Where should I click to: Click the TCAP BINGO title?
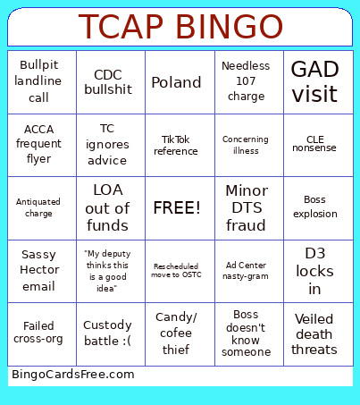click(x=180, y=27)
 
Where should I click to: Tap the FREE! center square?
click(x=177, y=208)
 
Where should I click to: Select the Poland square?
click(x=177, y=82)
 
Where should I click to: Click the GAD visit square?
click(x=314, y=82)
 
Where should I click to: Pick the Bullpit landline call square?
click(x=38, y=82)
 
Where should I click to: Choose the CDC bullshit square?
click(x=107, y=82)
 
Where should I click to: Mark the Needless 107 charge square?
click(x=246, y=82)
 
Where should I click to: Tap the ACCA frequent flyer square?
click(x=38, y=145)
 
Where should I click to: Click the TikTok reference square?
click(x=177, y=145)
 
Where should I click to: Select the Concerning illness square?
click(x=246, y=145)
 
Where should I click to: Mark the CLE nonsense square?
click(x=314, y=145)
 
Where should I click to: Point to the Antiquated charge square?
click(x=38, y=208)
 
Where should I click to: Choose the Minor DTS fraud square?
click(x=246, y=208)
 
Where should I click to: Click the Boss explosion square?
click(x=314, y=208)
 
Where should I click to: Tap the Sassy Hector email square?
click(x=38, y=271)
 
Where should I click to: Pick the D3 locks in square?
click(x=314, y=271)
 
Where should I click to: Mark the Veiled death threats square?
click(x=314, y=333)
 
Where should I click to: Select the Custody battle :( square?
click(x=107, y=333)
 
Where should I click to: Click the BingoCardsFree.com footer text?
click(x=73, y=374)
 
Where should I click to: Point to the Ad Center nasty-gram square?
click(x=246, y=271)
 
